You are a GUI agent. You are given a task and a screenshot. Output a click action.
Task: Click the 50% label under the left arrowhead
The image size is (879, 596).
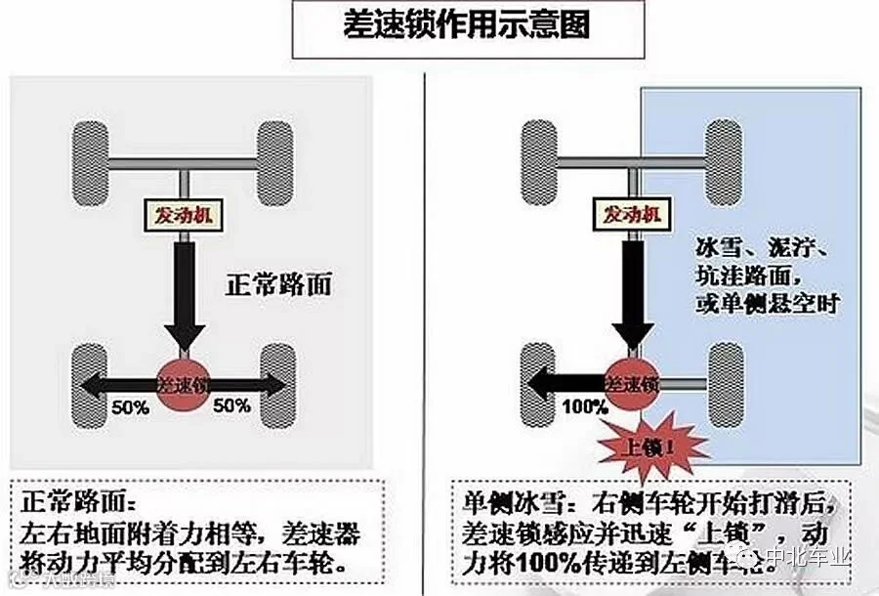[x=129, y=405]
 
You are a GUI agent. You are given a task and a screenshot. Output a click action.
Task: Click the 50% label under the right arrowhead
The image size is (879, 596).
[x=231, y=405]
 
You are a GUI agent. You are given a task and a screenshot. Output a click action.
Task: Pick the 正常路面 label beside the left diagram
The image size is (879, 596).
[x=278, y=285]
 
